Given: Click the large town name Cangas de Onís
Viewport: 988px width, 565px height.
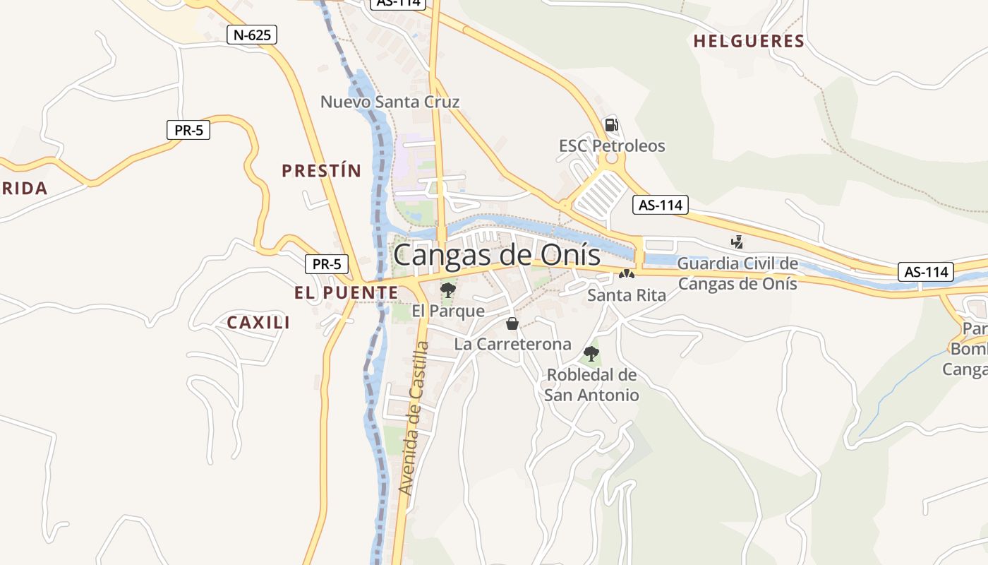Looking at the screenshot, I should point(497,255).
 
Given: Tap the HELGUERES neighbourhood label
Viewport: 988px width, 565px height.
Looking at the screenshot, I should point(749,42).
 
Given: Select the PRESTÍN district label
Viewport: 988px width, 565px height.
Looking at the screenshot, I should point(321,171).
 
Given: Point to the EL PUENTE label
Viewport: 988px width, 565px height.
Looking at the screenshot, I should point(347,292).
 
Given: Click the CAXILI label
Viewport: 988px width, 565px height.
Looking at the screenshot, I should point(258,323).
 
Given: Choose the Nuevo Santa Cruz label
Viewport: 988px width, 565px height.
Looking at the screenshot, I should point(390,102).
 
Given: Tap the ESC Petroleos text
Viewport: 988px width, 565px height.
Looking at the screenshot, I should point(612,146).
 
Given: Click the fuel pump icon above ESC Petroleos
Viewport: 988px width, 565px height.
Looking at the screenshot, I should point(611,125).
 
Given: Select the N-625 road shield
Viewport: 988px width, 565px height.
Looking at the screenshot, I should point(252,34).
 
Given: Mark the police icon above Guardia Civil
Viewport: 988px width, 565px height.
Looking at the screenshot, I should point(737,242).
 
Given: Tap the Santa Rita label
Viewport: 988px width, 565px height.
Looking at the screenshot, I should point(627,295).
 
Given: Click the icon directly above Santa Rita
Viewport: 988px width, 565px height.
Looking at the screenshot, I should point(627,274).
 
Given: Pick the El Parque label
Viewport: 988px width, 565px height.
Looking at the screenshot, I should point(448,311).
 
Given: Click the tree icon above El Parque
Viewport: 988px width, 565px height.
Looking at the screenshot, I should point(447,290).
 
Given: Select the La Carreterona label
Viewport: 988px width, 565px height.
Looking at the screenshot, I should point(512,345).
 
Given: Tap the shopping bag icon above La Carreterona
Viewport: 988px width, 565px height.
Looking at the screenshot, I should point(512,323).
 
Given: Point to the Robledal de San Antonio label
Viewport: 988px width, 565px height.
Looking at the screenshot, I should point(591,385).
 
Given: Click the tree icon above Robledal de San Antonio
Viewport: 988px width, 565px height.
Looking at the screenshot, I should point(591,353).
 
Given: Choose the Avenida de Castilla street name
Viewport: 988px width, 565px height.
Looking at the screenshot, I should point(414,418).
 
